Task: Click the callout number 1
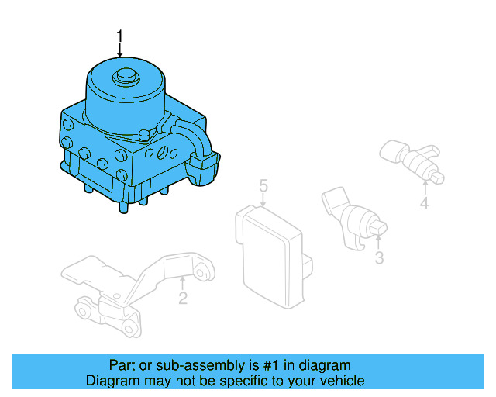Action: pos(119,36)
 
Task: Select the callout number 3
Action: pos(379,258)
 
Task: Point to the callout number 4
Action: pos(424,204)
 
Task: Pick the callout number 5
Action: pos(263,186)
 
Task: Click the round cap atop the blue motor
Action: pos(123,77)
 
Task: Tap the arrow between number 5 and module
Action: pos(263,201)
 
